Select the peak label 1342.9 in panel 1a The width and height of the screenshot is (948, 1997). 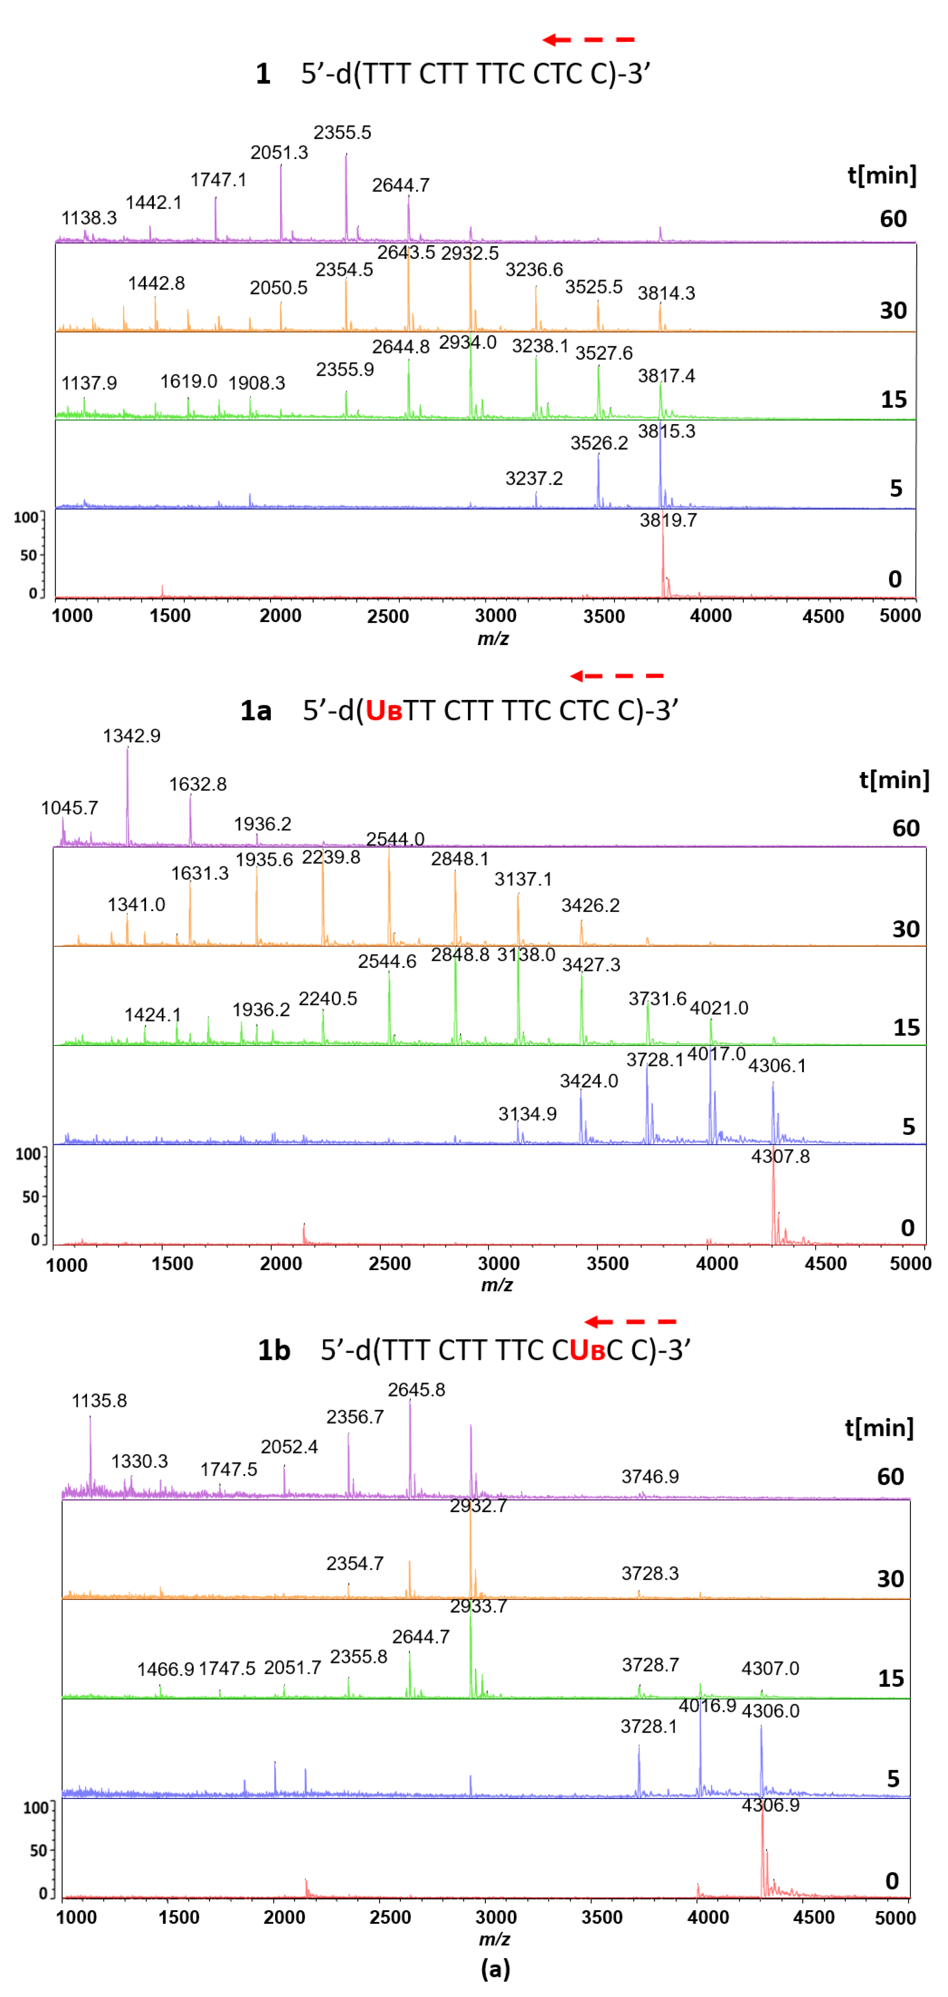(132, 736)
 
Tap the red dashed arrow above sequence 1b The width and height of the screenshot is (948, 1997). (630, 1321)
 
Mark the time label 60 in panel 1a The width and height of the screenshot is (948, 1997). (905, 828)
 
